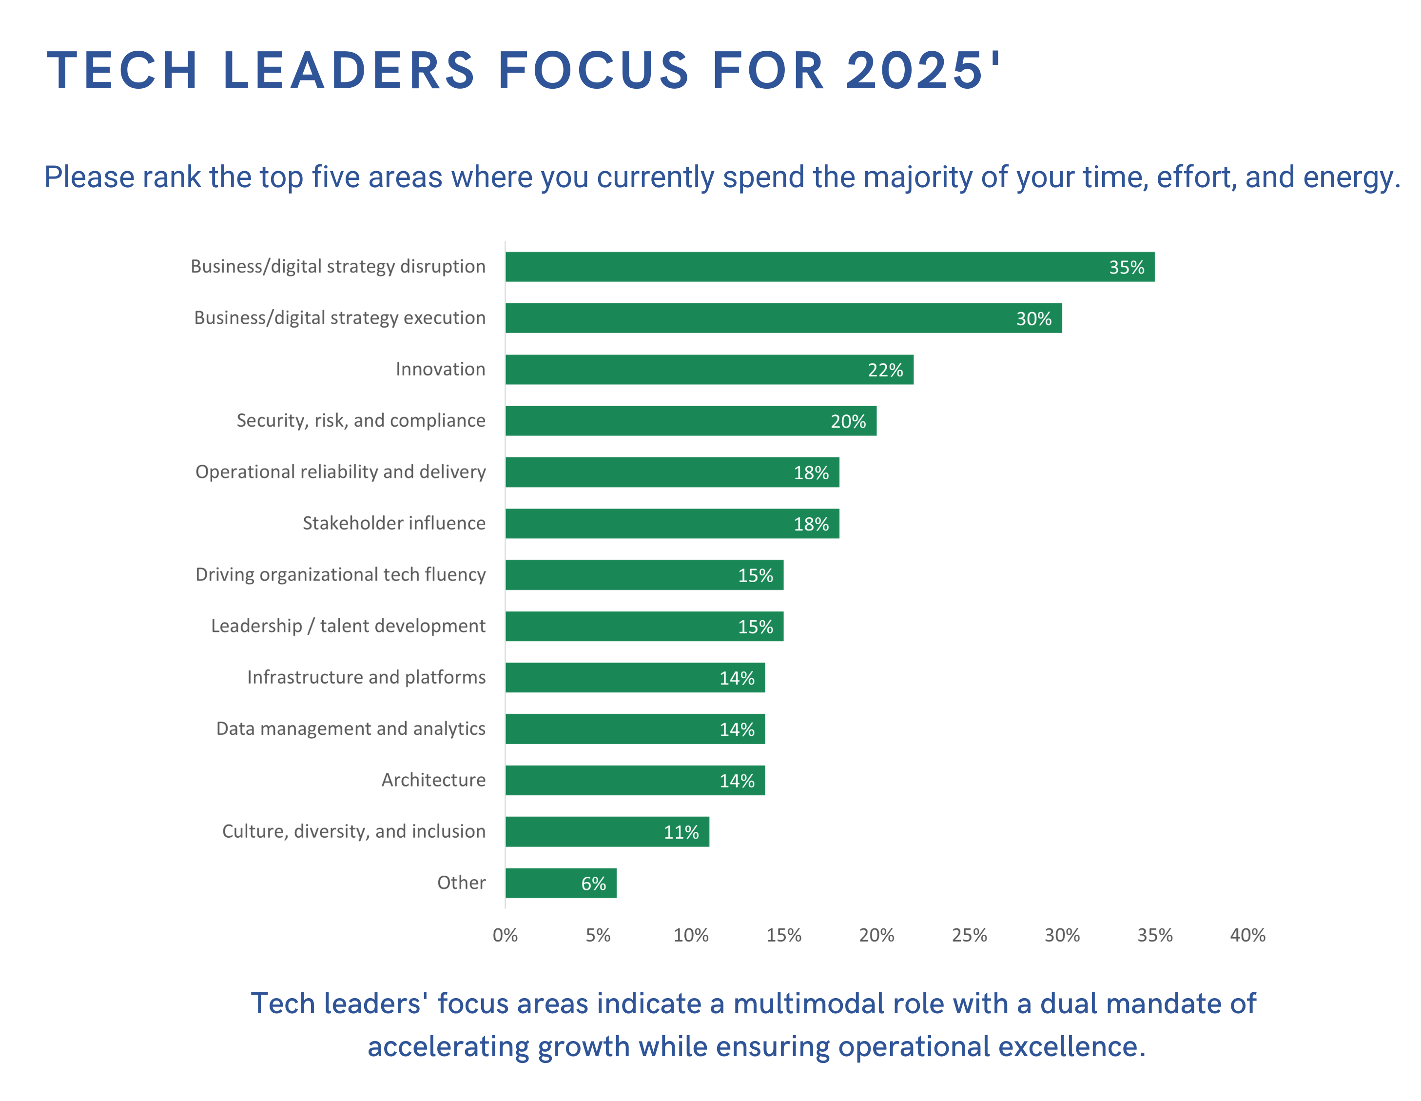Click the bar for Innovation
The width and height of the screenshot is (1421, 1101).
709,370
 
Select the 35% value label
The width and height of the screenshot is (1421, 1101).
1126,267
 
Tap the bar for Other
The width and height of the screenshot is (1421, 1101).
561,883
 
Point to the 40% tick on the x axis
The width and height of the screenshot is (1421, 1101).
1247,935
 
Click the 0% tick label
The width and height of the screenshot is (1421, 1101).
505,935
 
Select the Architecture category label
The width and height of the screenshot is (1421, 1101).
433,780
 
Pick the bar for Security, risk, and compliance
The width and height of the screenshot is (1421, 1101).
691,421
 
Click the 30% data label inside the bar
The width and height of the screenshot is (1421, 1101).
1034,319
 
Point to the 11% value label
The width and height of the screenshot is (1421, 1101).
681,832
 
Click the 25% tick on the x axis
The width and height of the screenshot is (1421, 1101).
970,935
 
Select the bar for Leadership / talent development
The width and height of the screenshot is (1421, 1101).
644,626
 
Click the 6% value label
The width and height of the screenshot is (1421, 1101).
593,884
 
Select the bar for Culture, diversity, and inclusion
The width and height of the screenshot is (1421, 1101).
607,832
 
